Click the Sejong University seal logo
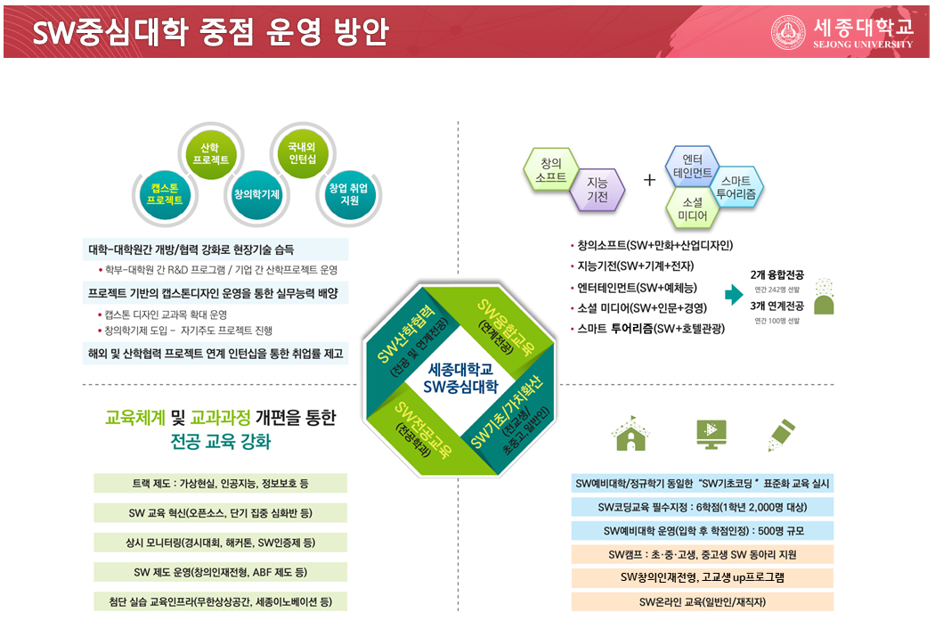(788, 32)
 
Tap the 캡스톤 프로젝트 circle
(167, 194)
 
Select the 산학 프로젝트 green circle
(211, 153)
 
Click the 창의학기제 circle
(256, 193)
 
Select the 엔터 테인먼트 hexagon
(692, 164)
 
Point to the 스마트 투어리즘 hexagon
(736, 186)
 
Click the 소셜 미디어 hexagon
(692, 208)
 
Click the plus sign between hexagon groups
(649, 180)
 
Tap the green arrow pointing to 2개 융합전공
(734, 295)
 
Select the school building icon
(630, 434)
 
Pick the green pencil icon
(781, 434)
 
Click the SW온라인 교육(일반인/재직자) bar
(703, 602)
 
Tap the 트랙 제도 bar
(220, 484)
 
